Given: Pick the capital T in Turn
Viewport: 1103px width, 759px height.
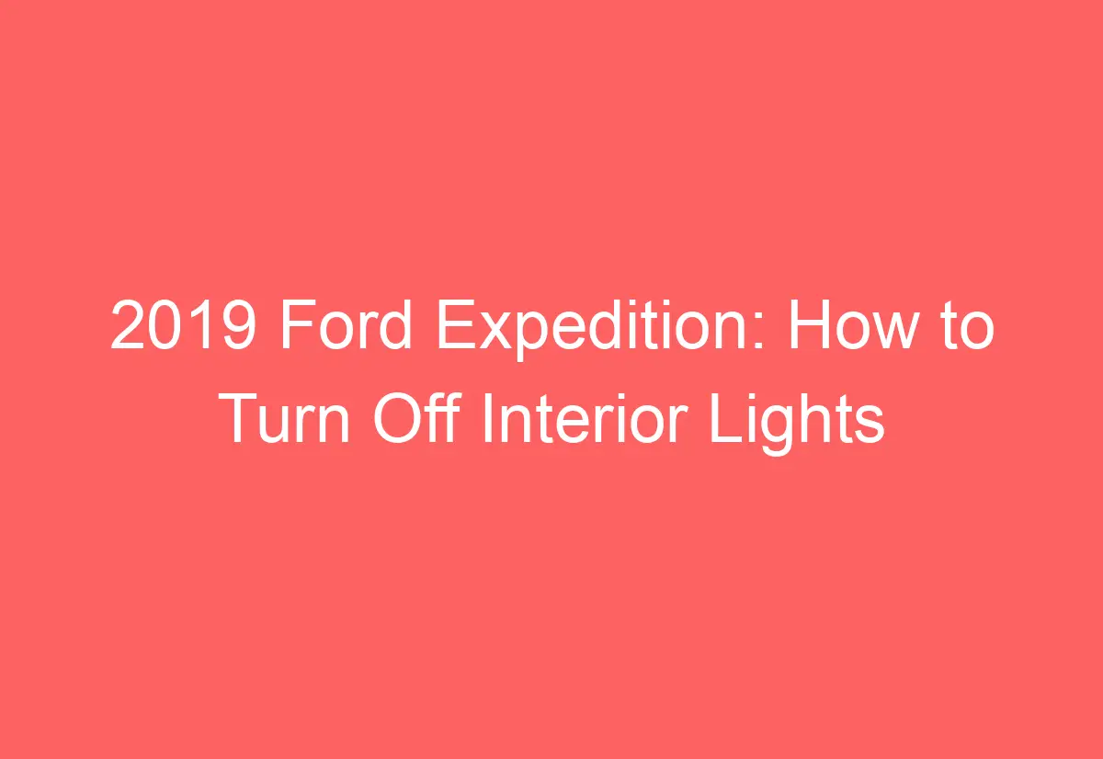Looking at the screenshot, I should (241, 420).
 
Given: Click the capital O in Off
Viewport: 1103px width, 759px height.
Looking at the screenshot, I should (396, 420).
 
